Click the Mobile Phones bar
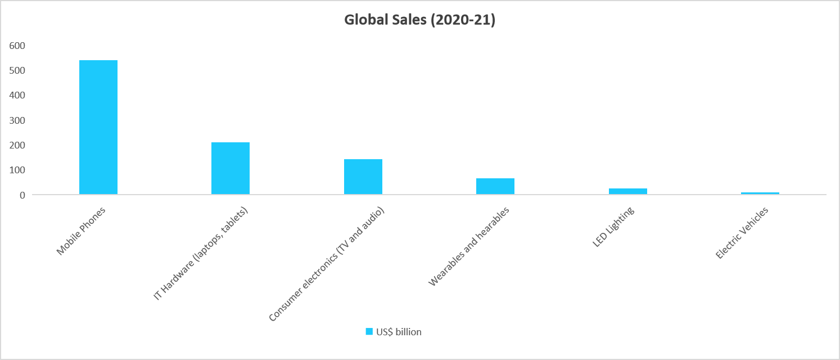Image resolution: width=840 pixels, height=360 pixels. click(98, 127)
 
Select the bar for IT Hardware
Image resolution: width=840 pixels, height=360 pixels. click(231, 168)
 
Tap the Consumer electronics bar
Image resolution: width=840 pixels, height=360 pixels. click(363, 177)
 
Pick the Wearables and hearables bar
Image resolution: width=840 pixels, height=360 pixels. click(495, 186)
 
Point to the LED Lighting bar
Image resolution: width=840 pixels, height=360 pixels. click(627, 191)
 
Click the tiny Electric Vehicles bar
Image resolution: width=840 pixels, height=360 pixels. click(760, 193)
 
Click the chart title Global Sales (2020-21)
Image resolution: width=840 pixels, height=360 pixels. click(419, 21)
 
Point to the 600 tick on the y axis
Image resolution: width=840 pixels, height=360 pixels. click(17, 46)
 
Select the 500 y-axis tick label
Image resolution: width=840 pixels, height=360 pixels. click(17, 70)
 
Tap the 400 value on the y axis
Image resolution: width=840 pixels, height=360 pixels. click(17, 95)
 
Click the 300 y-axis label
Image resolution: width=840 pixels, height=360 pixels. click(17, 120)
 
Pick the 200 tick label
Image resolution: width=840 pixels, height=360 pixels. click(17, 145)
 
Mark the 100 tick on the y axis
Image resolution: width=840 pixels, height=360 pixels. click(17, 170)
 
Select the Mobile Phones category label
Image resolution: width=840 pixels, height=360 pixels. click(82, 231)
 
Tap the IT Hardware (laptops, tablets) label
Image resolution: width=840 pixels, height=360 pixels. click(201, 253)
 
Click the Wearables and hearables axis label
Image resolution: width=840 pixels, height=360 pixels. click(469, 246)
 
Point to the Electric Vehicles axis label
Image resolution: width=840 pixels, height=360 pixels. click(742, 233)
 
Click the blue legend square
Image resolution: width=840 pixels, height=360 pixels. click(369, 332)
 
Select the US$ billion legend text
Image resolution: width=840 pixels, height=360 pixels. click(399, 332)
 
